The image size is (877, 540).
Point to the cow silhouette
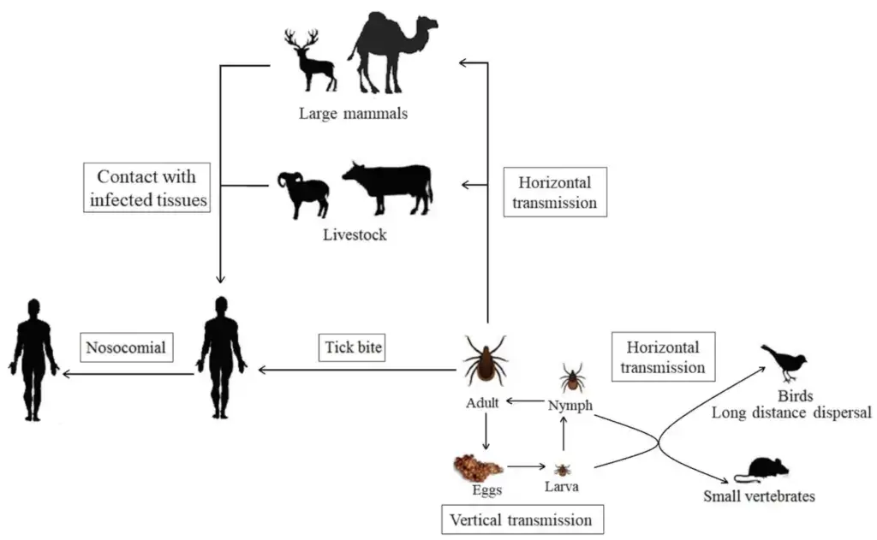388,188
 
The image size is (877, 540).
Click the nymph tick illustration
571,378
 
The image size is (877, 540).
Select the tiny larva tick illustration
562,469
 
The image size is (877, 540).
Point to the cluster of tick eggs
477,467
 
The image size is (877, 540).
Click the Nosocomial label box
127,347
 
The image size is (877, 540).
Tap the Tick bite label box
353,347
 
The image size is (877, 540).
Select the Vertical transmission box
522,519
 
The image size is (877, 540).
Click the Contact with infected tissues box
147,187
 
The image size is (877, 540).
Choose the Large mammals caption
353,114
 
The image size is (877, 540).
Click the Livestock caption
355,234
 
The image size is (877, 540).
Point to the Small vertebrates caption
759,495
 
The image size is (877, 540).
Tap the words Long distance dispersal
790,412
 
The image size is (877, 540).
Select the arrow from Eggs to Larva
527,466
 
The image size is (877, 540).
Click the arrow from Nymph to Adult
525,401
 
